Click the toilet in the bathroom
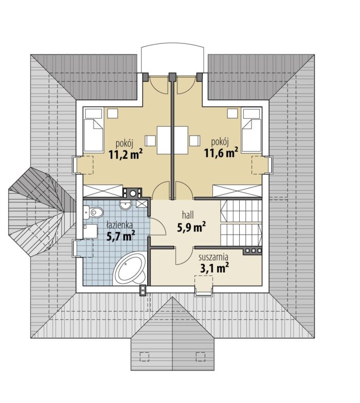click(x=93, y=212)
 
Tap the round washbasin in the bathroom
click(x=125, y=205)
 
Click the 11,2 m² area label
click(x=125, y=154)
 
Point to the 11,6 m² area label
click(x=221, y=153)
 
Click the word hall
click(x=188, y=214)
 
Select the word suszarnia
click(x=214, y=257)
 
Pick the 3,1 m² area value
click(x=214, y=268)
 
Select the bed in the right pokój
click(x=252, y=130)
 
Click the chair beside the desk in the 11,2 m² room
click(x=150, y=141)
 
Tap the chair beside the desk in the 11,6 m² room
click(x=194, y=141)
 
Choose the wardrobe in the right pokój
click(x=237, y=191)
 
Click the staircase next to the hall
click(x=241, y=223)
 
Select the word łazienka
click(x=119, y=225)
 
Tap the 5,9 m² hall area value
click(x=191, y=227)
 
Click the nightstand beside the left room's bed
click(x=113, y=113)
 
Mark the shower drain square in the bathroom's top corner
click(x=142, y=204)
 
